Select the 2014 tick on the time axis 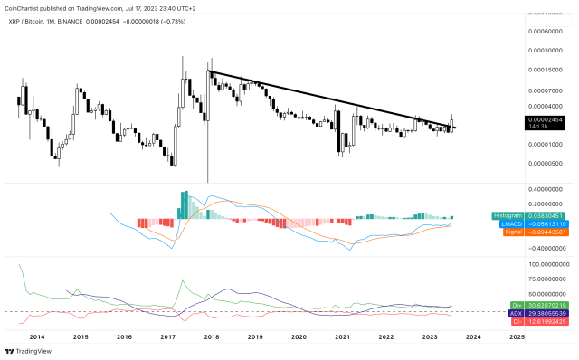(x=36, y=336)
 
